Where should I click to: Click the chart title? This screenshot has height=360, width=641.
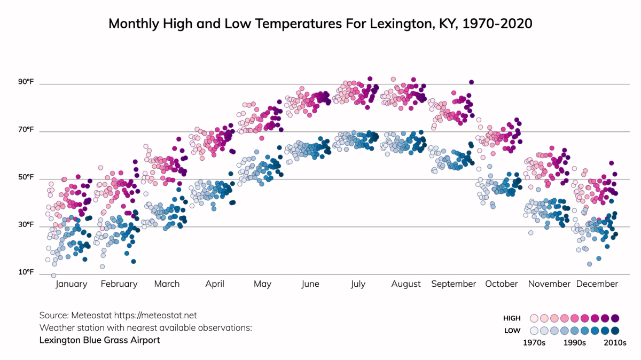(x=320, y=24)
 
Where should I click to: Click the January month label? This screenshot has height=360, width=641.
(x=71, y=284)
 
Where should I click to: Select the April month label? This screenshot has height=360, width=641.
(x=215, y=284)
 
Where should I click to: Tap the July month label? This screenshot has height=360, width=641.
(x=358, y=284)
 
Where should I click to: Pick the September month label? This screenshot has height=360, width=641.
(x=454, y=284)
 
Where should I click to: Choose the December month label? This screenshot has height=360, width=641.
(x=597, y=284)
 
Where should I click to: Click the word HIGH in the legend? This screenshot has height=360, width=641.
(x=512, y=318)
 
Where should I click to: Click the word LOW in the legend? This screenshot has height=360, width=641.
(x=512, y=331)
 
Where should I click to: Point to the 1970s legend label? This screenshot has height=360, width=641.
(x=534, y=343)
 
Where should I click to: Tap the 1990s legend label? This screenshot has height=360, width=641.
(x=575, y=343)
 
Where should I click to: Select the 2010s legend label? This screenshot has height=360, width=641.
(x=615, y=343)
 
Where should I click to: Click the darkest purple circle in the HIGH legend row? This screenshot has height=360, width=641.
(x=615, y=318)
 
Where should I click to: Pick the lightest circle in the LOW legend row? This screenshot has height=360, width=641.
(x=534, y=331)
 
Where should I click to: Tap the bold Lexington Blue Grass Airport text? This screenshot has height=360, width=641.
(x=99, y=340)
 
